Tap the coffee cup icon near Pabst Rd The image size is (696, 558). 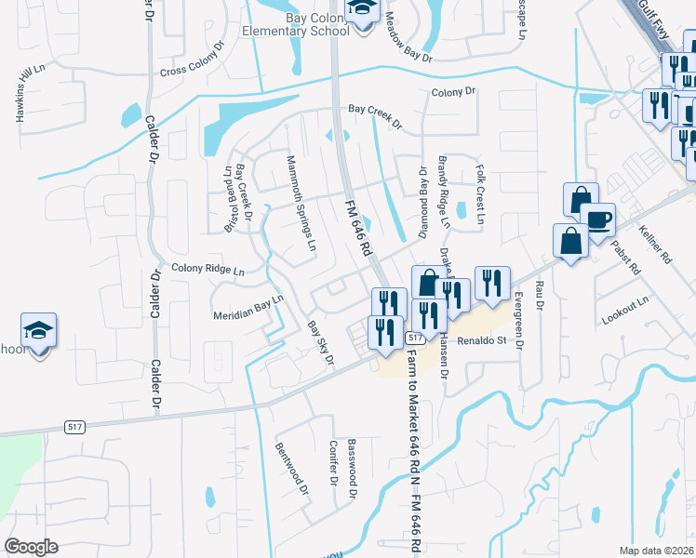pyautogui.click(x=597, y=219)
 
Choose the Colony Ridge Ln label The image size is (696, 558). pyautogui.click(x=207, y=271)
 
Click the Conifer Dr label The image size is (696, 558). pyautogui.click(x=331, y=464)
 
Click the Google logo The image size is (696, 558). pyautogui.click(x=32, y=547)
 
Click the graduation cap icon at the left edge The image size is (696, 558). pyautogui.click(x=39, y=330)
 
